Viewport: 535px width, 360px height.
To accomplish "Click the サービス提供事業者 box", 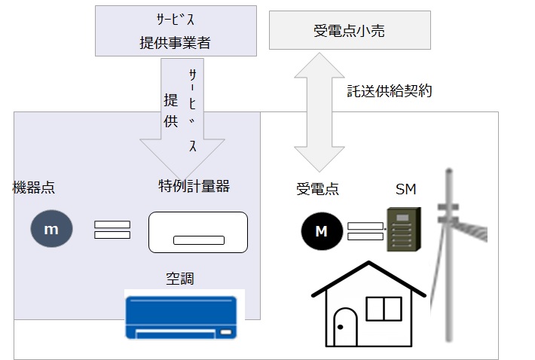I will click(174, 32).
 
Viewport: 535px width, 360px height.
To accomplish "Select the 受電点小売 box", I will click(350, 30).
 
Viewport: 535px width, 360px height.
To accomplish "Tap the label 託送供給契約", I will click(389, 91).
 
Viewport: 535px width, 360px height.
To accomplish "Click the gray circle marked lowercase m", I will click(51, 230).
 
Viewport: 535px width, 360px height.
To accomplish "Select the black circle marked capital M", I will click(321, 231).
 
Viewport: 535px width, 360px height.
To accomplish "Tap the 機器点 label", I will click(34, 186).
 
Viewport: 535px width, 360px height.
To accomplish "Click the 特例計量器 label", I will click(194, 186).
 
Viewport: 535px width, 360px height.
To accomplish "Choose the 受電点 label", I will click(317, 189).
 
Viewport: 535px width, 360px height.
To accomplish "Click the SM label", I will click(405, 188).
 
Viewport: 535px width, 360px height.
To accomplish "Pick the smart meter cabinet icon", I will click(401, 229).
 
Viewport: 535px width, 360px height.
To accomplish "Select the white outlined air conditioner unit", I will click(198, 232).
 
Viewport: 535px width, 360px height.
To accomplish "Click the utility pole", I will click(450, 256).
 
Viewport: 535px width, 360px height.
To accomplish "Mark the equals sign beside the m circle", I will click(112, 230).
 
